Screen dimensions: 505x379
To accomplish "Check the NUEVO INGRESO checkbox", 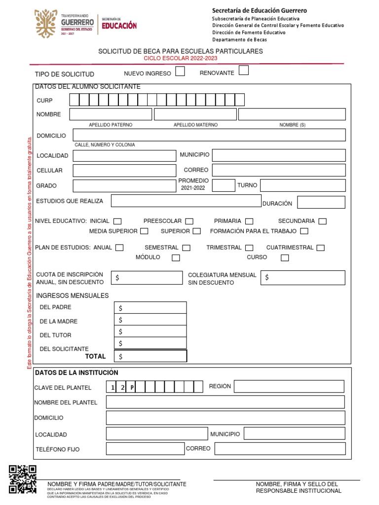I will point(180,72).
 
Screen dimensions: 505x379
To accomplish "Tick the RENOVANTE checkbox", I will point(243,71).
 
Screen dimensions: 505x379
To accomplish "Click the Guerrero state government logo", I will point(64,24).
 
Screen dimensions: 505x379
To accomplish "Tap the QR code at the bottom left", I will point(23,478).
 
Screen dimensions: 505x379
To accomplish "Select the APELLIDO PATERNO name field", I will point(111,114).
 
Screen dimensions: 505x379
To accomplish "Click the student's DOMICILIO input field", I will point(209,135).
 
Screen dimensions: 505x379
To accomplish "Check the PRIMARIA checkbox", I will point(249,221).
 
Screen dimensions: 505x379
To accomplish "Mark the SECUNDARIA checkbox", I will point(323,221).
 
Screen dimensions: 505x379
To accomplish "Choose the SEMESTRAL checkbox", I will point(186,248).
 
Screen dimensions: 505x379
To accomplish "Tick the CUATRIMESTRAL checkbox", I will point(321,248).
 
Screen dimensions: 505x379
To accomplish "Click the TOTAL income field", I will point(151,356).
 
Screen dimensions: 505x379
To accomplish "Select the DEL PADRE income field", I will point(151,308).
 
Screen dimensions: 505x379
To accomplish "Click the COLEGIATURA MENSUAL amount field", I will point(303,278).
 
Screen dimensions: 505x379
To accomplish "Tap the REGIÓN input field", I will point(289,387).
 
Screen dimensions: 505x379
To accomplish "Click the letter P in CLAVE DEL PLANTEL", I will point(132,388).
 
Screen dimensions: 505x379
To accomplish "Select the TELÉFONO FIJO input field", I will point(145,449).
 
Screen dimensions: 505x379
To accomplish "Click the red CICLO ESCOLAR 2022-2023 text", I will point(180,58).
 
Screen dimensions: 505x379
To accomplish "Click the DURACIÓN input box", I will point(317,202).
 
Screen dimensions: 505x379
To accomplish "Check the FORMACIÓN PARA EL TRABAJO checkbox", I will point(304,231).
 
